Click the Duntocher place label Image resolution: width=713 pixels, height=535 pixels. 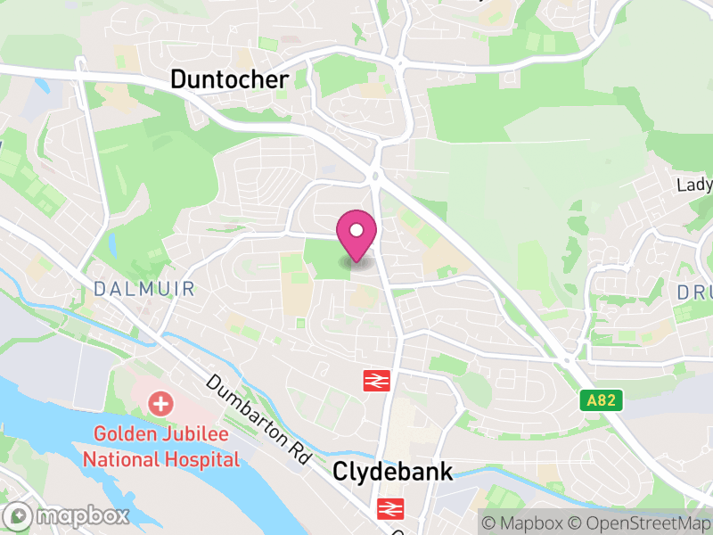point(229,80)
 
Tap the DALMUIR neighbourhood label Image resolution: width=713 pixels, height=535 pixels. point(143,289)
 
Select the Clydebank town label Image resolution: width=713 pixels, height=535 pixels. point(393,472)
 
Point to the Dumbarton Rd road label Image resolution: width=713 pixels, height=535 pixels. point(258,418)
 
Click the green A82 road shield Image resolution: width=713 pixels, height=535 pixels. point(603,402)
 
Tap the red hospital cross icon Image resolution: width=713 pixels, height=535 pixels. point(161,404)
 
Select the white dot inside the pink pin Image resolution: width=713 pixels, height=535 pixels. point(356,231)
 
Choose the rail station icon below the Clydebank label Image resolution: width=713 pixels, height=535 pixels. point(389,509)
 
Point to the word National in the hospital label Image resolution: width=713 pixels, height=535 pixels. point(120,459)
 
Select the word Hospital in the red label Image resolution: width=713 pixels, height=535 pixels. point(201,459)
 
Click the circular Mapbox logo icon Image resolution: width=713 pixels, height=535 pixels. point(19,515)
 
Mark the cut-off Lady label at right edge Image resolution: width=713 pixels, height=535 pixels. point(694,185)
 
